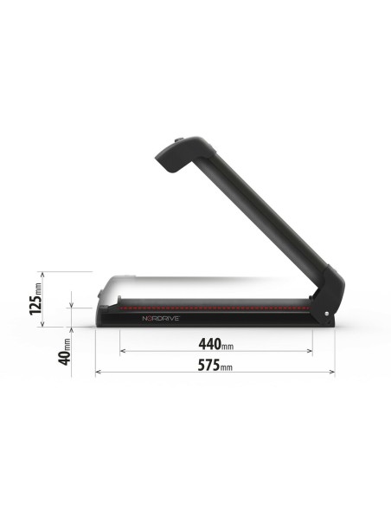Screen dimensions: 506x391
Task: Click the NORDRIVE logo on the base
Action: click(x=160, y=318)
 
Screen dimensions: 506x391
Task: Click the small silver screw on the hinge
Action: click(x=326, y=313)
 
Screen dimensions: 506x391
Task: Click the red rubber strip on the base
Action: click(x=212, y=307)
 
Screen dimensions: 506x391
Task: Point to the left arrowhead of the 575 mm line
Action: click(x=98, y=372)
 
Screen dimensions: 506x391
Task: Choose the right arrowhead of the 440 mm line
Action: click(x=310, y=351)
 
